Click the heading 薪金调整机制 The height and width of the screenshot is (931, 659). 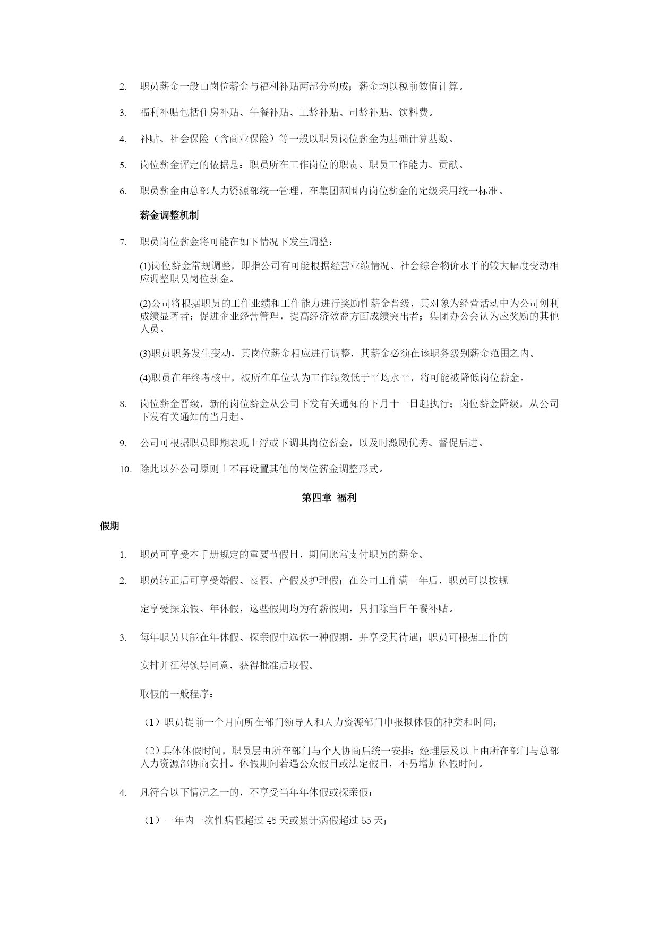coord(169,215)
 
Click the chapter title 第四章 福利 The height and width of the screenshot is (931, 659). coord(329,498)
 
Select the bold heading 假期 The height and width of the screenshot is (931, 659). coord(109,526)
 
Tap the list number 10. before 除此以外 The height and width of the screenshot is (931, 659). coord(125,469)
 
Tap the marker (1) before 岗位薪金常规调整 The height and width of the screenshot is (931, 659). coord(145,266)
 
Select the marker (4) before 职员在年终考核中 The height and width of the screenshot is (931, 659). coord(145,378)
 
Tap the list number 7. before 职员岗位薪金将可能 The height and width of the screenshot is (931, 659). coord(123,243)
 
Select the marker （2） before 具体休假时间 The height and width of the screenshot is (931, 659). coord(151,751)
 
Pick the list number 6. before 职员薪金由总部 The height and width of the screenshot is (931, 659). coord(123,192)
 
